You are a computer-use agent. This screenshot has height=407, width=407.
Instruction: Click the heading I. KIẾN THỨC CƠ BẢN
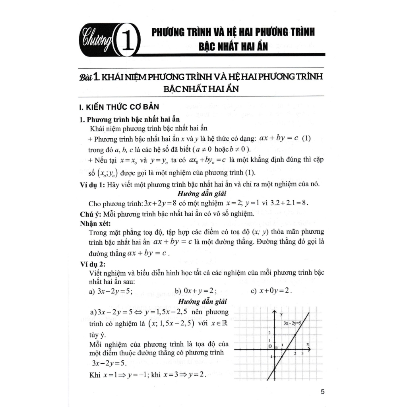pyautogui.click(x=120, y=107)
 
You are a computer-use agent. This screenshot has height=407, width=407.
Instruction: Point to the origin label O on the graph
pyautogui.click(x=270, y=346)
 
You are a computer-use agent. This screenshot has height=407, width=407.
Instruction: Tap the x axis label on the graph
pyautogui.click(x=308, y=343)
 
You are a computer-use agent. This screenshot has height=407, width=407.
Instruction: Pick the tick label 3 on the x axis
pyautogui.click(x=303, y=353)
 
